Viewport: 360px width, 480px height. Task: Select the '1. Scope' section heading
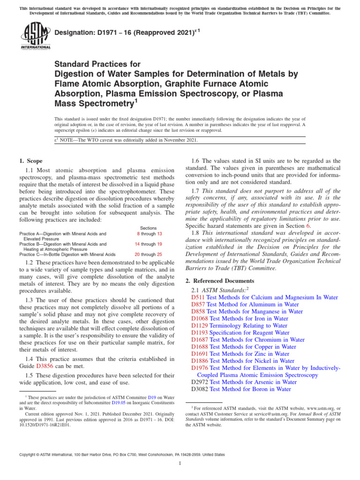(x=30, y=161)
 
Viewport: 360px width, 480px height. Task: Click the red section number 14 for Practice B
(x=139, y=244)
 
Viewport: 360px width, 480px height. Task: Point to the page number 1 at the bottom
(x=180, y=464)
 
